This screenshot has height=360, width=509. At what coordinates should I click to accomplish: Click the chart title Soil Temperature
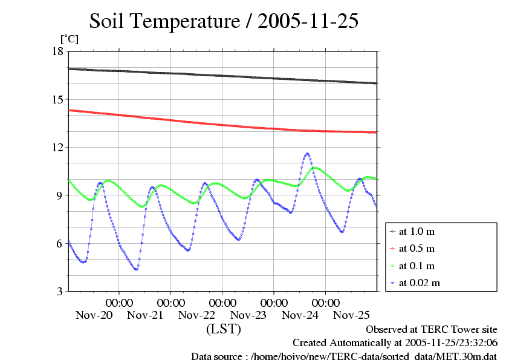224,21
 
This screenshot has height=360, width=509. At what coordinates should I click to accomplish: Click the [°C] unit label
69,39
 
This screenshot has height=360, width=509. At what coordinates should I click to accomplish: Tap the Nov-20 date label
94,315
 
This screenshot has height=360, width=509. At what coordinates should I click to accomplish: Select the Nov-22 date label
197,315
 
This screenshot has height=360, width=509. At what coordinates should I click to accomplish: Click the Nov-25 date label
351,315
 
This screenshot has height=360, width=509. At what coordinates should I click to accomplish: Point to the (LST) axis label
224,330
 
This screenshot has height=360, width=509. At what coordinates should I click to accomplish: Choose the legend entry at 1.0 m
417,231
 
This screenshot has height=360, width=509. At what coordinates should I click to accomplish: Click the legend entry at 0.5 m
417,248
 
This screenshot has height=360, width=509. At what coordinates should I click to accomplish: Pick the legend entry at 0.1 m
417,265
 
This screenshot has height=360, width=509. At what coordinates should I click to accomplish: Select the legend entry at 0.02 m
420,282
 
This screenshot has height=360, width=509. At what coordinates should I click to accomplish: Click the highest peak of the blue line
307,154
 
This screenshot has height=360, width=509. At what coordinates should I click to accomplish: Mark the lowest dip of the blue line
136,269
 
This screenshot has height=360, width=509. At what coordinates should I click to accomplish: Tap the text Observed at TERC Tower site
432,330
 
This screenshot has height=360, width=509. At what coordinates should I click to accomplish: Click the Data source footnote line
344,355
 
